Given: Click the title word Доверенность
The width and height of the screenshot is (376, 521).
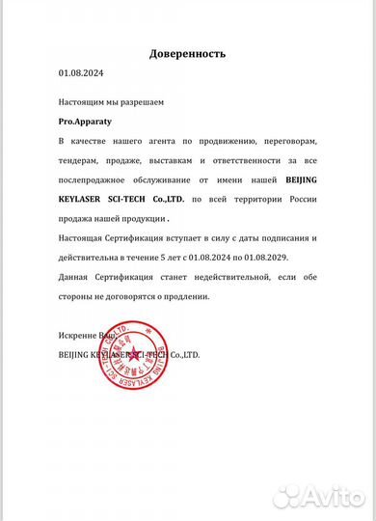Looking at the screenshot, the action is tap(187, 56).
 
